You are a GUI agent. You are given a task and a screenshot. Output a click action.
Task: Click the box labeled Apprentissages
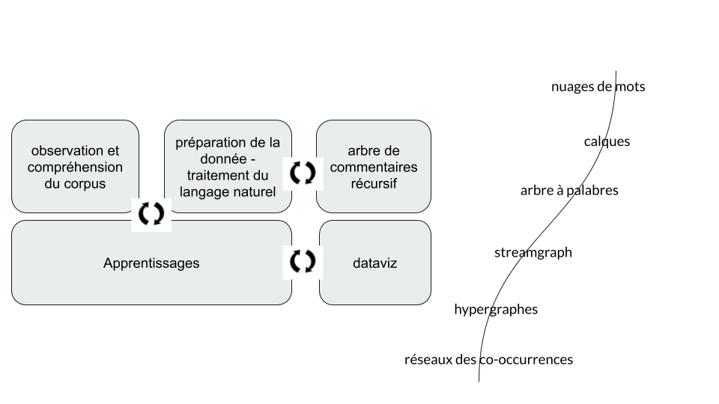pos(151,263)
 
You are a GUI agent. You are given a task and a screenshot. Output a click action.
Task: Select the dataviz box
pos(375,263)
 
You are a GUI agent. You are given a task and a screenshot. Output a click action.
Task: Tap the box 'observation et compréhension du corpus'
pos(75,166)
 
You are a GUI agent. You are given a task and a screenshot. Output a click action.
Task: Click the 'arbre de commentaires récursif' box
pos(374,166)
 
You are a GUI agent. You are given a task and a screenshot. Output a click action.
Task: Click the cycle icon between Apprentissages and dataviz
pos(303,261)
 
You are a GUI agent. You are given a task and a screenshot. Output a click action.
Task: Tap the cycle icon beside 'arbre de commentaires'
pos(303,173)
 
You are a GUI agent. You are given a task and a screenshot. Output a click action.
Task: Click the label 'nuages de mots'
pos(598,87)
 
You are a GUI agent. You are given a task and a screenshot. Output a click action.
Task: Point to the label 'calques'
pos(607,141)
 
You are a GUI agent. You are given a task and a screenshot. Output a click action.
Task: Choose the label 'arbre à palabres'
pos(569,190)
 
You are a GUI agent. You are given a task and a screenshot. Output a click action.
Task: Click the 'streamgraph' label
pos(533,252)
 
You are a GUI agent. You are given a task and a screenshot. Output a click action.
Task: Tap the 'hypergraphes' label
pos(496,309)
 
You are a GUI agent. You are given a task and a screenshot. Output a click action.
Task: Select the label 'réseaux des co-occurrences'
pos(488,360)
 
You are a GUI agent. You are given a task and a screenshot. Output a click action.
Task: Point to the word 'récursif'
pos(374,184)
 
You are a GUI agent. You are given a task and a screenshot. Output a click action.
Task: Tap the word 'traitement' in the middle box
pos(211,176)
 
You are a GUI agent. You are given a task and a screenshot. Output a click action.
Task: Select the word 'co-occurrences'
pos(526,360)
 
